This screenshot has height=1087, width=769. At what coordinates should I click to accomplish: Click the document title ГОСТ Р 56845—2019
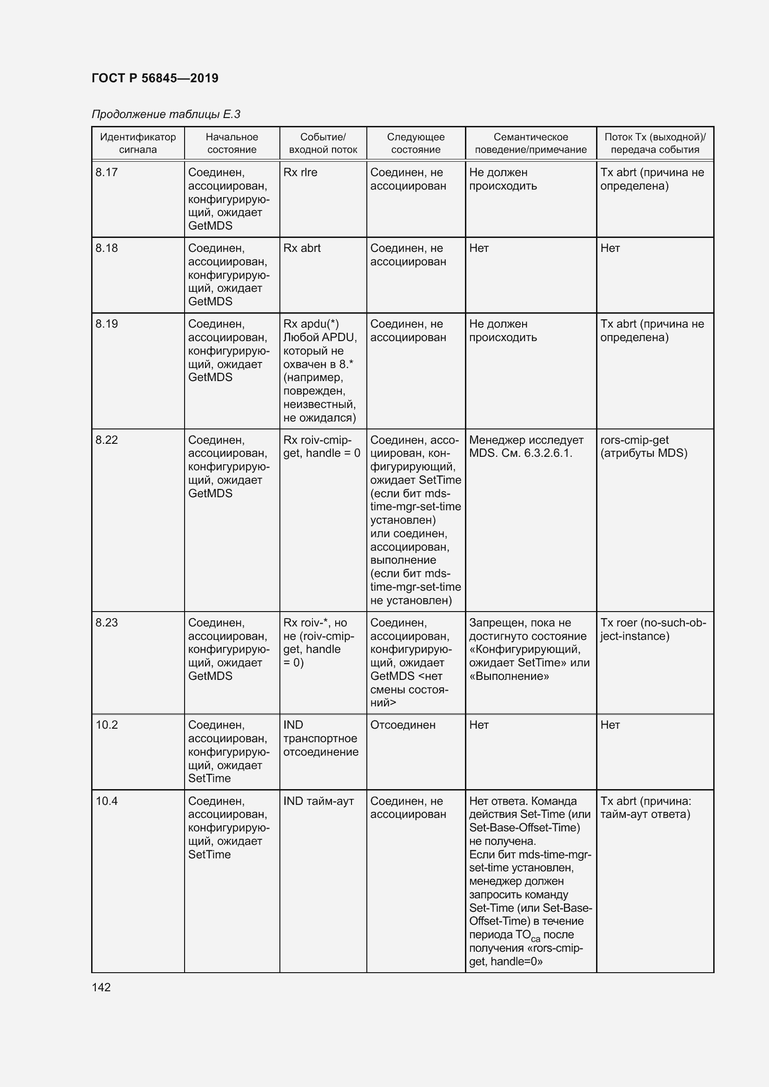(155, 78)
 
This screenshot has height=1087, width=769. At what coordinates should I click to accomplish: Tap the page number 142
(101, 987)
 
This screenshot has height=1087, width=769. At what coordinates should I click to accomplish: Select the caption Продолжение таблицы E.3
(166, 114)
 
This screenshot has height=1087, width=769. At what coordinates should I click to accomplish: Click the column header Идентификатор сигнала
(138, 143)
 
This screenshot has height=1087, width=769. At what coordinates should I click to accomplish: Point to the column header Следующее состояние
(416, 143)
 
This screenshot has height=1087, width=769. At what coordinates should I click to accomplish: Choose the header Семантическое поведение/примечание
(530, 143)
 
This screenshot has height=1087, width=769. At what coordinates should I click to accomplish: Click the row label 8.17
(106, 172)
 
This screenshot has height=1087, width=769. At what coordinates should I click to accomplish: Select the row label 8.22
(106, 440)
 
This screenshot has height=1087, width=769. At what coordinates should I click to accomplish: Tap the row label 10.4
(106, 801)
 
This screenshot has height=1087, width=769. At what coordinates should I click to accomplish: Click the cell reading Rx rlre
(300, 172)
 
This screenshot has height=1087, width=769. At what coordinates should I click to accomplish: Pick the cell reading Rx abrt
(302, 248)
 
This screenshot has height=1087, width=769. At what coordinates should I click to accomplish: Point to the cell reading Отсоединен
(403, 725)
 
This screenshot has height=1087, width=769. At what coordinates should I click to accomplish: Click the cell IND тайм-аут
(318, 801)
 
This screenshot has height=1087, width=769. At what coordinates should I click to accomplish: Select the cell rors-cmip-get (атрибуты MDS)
(643, 447)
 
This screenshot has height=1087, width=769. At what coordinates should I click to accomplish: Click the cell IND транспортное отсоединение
(321, 738)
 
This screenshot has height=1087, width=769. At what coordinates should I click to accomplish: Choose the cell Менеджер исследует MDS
(526, 447)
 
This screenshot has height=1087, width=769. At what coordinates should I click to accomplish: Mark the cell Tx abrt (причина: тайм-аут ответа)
(645, 808)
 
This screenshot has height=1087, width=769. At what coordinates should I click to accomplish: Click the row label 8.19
(106, 324)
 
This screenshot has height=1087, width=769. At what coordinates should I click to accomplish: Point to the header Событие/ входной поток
(323, 143)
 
